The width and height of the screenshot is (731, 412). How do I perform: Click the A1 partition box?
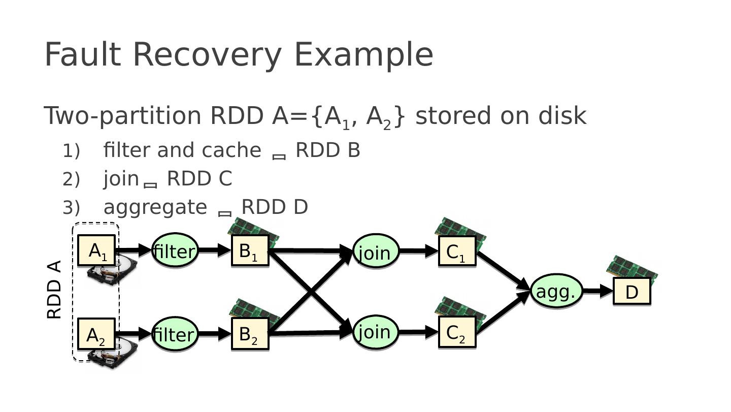pos(96,250)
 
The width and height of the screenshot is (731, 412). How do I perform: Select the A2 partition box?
pos(96,334)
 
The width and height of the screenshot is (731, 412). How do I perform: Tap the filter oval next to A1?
pos(175,250)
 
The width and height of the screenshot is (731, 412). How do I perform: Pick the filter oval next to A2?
pos(175,334)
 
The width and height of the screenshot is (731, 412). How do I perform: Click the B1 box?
pos(250,250)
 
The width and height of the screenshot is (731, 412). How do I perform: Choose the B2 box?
pos(250,334)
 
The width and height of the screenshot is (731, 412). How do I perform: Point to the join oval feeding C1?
pos(375,251)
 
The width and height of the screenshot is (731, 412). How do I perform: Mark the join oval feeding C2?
pos(375,332)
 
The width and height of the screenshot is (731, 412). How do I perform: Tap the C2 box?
pos(457,332)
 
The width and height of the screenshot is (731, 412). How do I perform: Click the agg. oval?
pos(556,291)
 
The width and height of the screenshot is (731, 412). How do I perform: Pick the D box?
pos(632,292)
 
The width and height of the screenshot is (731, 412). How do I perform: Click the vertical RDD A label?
pos(54,290)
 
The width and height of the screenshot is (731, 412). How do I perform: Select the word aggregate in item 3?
pos(155,207)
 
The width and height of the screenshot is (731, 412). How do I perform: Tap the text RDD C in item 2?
pos(199,179)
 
